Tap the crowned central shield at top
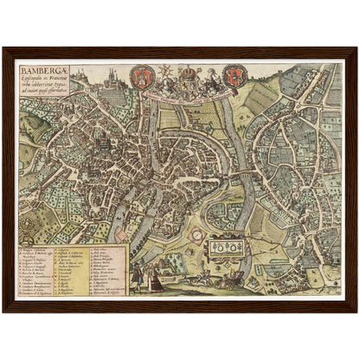(x=185, y=80)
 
